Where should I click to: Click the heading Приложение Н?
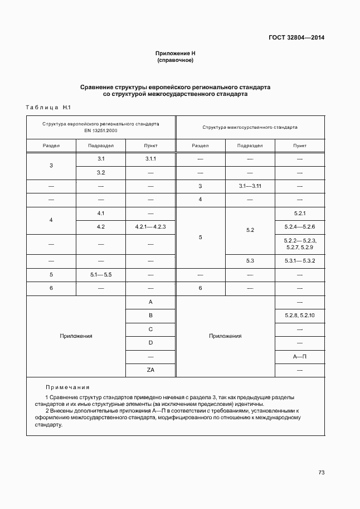point(175,53)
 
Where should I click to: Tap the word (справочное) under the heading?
point(175,60)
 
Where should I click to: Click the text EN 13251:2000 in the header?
point(101,130)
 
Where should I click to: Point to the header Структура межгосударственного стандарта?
point(250,127)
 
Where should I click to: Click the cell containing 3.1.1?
point(150,159)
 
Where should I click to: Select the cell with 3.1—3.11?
point(250,186)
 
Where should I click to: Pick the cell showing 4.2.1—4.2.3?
point(150,227)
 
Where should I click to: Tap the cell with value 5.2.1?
point(299,214)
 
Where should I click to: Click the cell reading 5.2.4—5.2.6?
point(299,227)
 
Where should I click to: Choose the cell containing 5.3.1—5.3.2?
point(299,261)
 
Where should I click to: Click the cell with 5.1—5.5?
point(101,275)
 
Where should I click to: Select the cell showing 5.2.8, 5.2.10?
point(299,316)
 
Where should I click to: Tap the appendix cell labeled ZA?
point(150,370)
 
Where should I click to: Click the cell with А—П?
point(299,356)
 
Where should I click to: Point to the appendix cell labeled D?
point(150,343)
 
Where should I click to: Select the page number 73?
point(321,472)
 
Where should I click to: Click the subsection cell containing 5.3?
point(250,261)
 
